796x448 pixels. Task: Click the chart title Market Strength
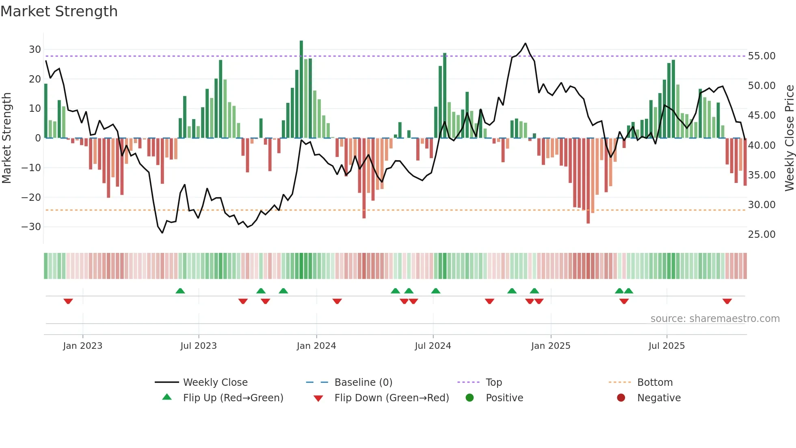point(59,11)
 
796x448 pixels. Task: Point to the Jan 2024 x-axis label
point(316,346)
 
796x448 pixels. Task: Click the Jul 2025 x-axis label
point(666,346)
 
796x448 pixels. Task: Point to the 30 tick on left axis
point(35,50)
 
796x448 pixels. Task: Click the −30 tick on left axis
point(32,227)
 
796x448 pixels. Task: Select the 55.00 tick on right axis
point(761,56)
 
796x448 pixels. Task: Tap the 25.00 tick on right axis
point(761,235)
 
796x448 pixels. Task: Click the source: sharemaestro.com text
point(715,319)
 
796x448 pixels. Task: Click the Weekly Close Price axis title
point(789,138)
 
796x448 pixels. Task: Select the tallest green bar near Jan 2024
point(301,89)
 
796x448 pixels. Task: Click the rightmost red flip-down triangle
point(727,301)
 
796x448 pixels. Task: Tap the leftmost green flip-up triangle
point(180,291)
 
